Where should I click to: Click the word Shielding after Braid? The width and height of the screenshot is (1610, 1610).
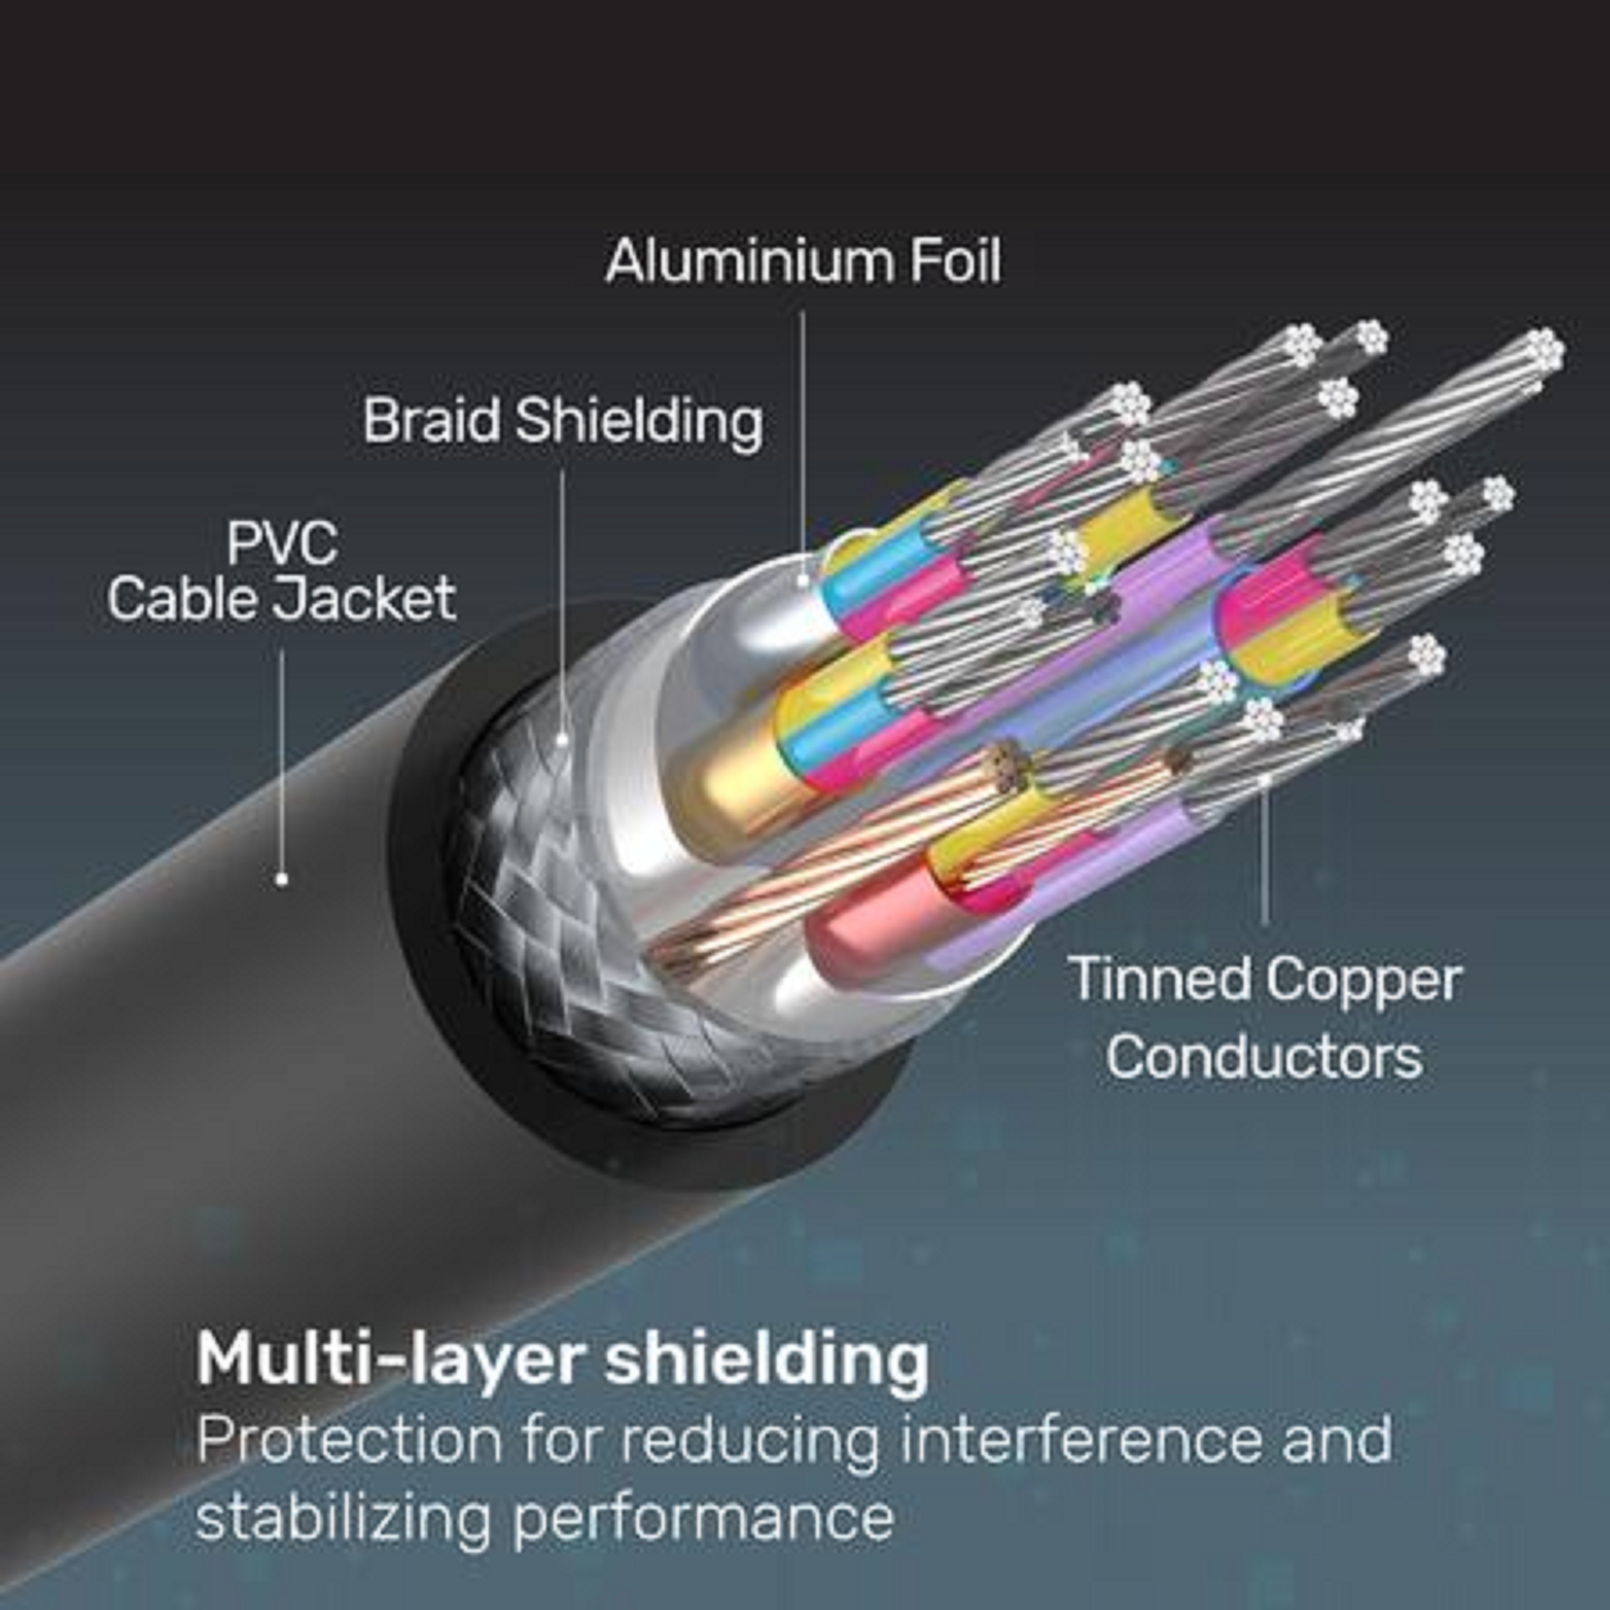(x=638, y=423)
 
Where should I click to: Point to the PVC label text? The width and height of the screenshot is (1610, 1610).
(x=282, y=543)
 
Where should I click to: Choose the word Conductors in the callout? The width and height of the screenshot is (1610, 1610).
(x=1264, y=1056)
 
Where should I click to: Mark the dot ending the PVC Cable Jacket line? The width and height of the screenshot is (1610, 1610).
(x=282, y=878)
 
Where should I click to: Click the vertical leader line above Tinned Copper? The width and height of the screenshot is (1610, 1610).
(x=1266, y=850)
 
